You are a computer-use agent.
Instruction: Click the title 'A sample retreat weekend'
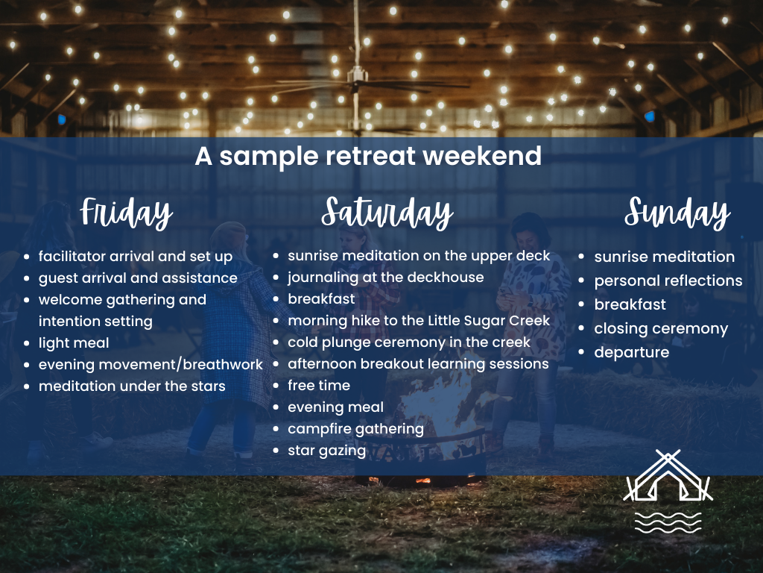[x=368, y=156]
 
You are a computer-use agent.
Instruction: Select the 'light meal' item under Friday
[x=74, y=342]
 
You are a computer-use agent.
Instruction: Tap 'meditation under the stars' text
[x=132, y=386]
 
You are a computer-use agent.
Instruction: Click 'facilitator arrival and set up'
[x=136, y=256]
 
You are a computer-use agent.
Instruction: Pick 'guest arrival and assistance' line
[x=138, y=278]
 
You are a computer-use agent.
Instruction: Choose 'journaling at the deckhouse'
[x=386, y=277]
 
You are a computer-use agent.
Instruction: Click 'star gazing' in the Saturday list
[x=326, y=450]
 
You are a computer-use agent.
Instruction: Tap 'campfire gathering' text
[x=355, y=428]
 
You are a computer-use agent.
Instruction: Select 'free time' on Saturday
[x=319, y=385]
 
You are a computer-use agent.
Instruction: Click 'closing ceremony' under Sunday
[x=661, y=328]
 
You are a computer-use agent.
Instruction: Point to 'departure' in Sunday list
[x=632, y=352]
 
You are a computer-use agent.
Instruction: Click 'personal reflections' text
[x=668, y=281]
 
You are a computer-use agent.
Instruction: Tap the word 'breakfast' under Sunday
[x=630, y=304]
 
